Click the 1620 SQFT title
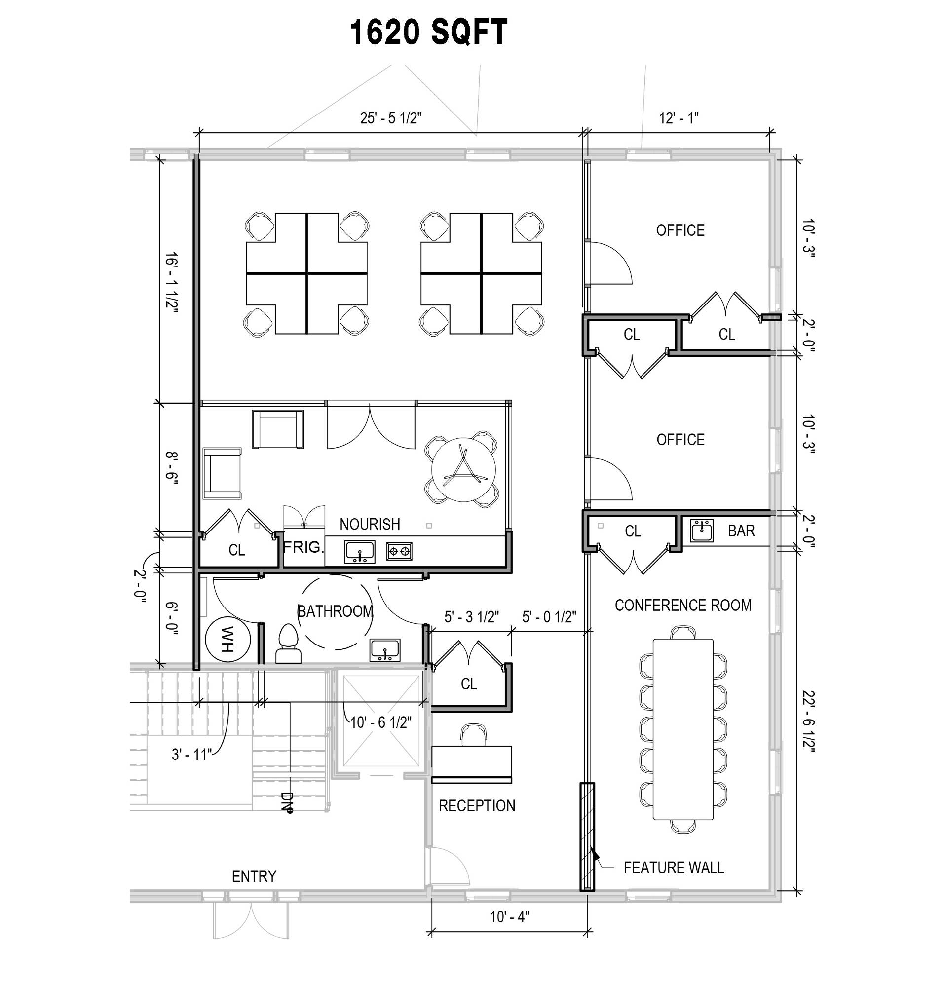point(428,32)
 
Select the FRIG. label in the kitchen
point(302,547)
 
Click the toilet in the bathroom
point(289,644)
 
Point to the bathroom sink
point(384,650)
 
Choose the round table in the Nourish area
point(463,470)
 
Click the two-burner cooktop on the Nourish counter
point(399,551)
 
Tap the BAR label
point(741,531)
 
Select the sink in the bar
point(701,530)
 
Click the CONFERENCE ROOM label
point(682,606)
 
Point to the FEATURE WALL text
point(674,867)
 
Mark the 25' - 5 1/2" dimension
point(391,118)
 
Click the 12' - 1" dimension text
point(679,118)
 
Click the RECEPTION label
point(477,806)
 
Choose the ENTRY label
point(254,876)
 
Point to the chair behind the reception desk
point(474,735)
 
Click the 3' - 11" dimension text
point(191,755)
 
